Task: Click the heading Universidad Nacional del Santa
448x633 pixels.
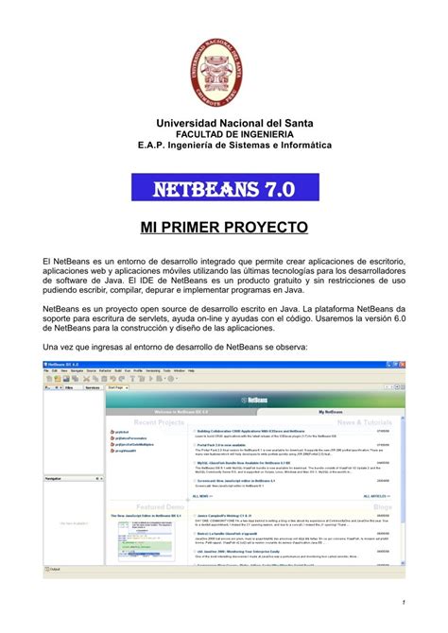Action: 224,124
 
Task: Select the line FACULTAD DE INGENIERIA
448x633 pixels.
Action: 224,135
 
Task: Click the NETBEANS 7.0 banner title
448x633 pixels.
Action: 224,192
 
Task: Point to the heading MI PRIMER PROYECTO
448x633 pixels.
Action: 224,228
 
